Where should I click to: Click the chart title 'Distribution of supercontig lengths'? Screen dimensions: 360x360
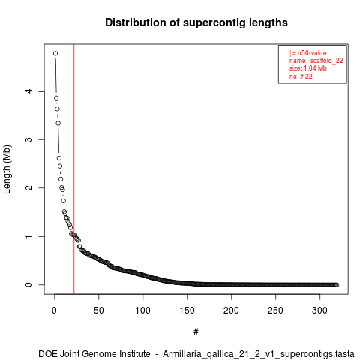point(196,22)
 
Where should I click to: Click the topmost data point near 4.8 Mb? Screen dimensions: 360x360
point(55,53)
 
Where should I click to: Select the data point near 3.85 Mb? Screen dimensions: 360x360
point(56,98)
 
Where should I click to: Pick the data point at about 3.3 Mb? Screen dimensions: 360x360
point(58,123)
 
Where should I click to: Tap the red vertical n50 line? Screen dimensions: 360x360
point(74,169)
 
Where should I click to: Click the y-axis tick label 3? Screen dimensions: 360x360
point(29,139)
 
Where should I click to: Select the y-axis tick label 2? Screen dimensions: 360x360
point(29,187)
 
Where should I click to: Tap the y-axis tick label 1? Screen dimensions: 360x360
point(29,236)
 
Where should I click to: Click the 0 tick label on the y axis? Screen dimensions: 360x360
point(29,285)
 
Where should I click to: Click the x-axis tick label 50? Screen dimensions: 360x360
point(99,310)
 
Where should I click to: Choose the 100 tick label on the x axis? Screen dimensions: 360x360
point(143,310)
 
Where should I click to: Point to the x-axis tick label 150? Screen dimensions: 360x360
point(187,310)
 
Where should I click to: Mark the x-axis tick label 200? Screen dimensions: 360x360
point(232,310)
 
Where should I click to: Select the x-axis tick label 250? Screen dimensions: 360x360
point(275,310)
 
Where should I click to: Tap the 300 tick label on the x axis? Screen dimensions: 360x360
point(319,310)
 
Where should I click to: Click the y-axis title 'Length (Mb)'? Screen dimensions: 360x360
point(7,169)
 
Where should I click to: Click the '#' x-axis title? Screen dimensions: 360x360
point(196,332)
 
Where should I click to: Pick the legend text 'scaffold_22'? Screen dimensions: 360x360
point(327,61)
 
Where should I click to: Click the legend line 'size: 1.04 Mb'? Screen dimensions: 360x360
point(308,68)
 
